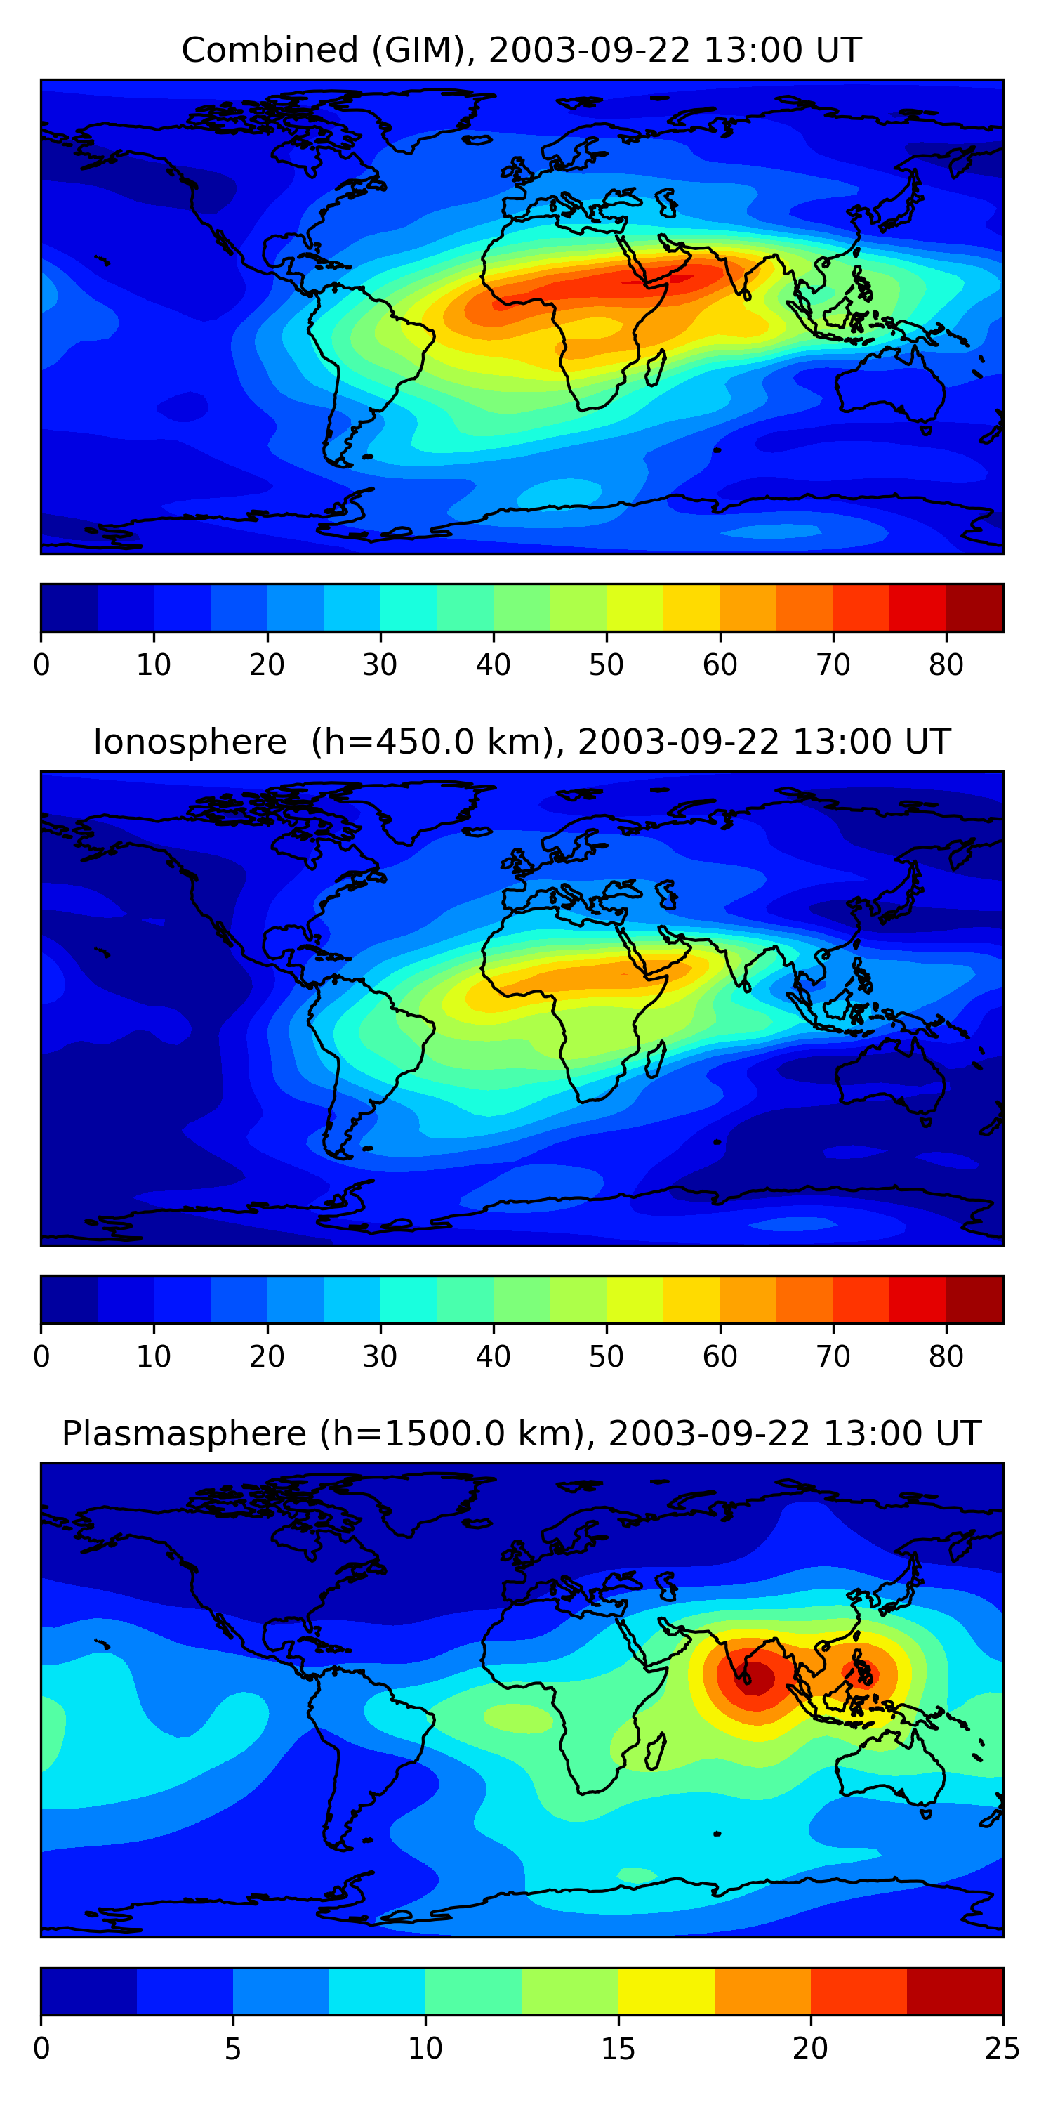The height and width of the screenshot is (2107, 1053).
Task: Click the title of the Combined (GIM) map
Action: tap(521, 50)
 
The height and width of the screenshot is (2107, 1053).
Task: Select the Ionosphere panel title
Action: tap(521, 742)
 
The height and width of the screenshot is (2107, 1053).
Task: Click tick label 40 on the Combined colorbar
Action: tap(493, 665)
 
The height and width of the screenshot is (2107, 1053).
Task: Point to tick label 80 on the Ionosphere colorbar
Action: tap(946, 1356)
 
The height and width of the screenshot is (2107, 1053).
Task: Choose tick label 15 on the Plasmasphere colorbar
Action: tap(618, 2048)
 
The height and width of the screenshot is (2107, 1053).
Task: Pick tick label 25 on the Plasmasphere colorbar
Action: tap(1002, 2048)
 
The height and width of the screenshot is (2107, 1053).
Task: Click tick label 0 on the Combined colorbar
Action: tap(41, 665)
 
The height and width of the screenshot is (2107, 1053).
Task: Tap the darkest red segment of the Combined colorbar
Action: tap(974, 607)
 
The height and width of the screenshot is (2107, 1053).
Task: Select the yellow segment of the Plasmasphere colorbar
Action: tap(666, 1991)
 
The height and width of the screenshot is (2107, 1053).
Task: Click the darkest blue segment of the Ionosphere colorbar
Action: tap(69, 1299)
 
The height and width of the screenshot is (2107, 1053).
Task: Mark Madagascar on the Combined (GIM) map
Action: tap(656, 368)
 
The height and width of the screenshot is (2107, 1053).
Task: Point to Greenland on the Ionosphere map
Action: tap(425, 806)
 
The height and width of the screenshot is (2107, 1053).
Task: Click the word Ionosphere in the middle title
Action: tap(190, 742)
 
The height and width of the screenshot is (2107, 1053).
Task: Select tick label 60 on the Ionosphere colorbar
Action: tap(720, 1356)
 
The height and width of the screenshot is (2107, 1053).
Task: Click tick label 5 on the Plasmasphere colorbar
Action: tap(233, 2048)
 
